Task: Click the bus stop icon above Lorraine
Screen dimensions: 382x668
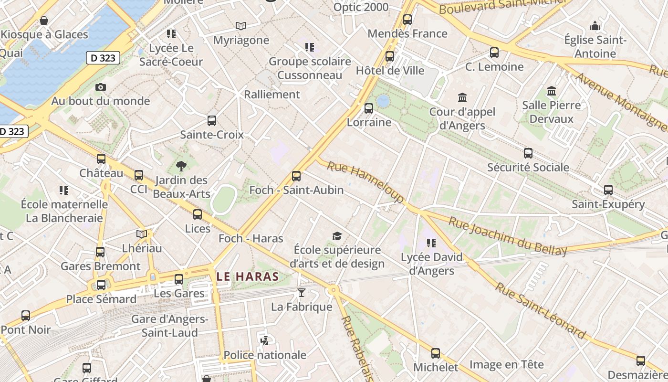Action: point(369,108)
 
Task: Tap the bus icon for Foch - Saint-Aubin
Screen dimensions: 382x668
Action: point(296,176)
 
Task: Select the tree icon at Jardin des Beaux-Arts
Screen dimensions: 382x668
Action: point(181,166)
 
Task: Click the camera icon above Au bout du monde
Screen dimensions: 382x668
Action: point(100,87)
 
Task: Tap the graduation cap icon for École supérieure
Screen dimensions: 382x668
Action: point(337,236)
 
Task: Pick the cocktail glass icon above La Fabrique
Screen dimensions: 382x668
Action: point(302,293)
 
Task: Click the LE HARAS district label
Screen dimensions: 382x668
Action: point(248,276)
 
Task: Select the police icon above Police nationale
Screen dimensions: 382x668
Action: point(265,341)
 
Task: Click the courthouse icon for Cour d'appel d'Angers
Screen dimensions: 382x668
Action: point(462,98)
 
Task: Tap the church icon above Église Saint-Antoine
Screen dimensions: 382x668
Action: point(595,26)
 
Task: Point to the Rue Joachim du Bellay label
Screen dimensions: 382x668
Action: point(508,236)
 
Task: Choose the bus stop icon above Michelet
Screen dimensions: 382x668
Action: point(436,353)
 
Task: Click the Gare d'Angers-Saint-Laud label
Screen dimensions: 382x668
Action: point(170,326)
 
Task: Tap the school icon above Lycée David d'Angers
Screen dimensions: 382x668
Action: point(431,243)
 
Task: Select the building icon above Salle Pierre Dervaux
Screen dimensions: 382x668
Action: point(552,91)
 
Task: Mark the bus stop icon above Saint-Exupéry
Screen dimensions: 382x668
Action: point(608,190)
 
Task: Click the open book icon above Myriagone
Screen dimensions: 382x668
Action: point(241,26)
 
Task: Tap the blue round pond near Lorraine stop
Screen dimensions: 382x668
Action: point(383,101)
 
